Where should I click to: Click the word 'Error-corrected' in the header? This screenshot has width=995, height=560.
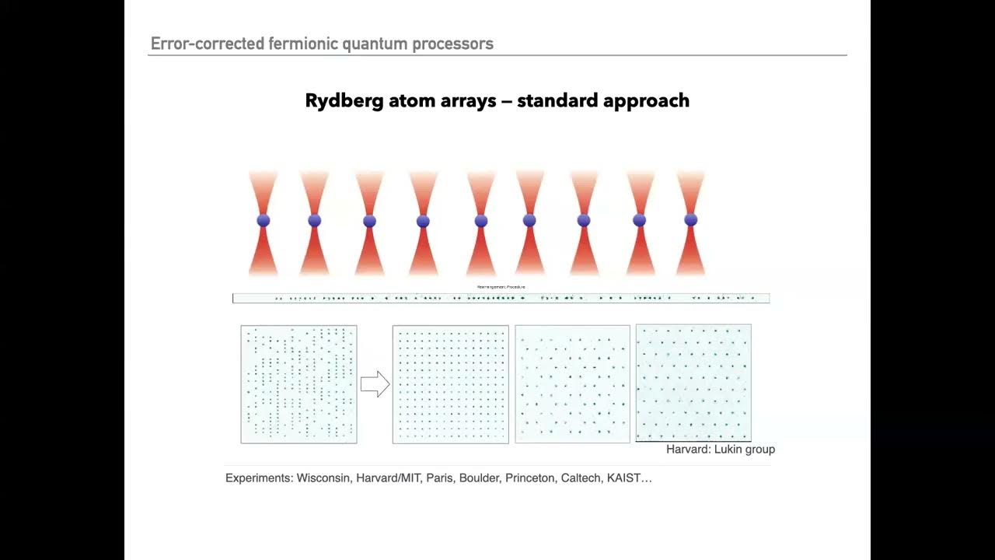click(208, 44)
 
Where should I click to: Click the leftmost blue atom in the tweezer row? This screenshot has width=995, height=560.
click(264, 221)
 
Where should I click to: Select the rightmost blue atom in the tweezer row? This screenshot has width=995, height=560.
click(690, 221)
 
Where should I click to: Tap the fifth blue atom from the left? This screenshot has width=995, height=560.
click(480, 221)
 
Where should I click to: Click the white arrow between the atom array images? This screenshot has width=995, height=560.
click(375, 384)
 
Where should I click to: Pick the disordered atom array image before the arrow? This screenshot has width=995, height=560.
click(298, 384)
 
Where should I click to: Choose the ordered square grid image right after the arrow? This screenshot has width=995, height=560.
click(450, 384)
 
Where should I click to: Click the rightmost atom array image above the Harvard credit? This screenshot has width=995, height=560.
click(693, 383)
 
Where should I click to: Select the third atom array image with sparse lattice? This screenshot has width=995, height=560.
click(572, 384)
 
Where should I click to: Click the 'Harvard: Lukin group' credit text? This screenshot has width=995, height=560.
click(720, 450)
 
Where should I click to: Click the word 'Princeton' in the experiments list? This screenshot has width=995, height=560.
click(529, 478)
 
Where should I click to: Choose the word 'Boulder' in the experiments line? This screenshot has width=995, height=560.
click(479, 478)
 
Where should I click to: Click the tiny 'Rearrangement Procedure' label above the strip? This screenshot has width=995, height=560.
click(501, 287)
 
